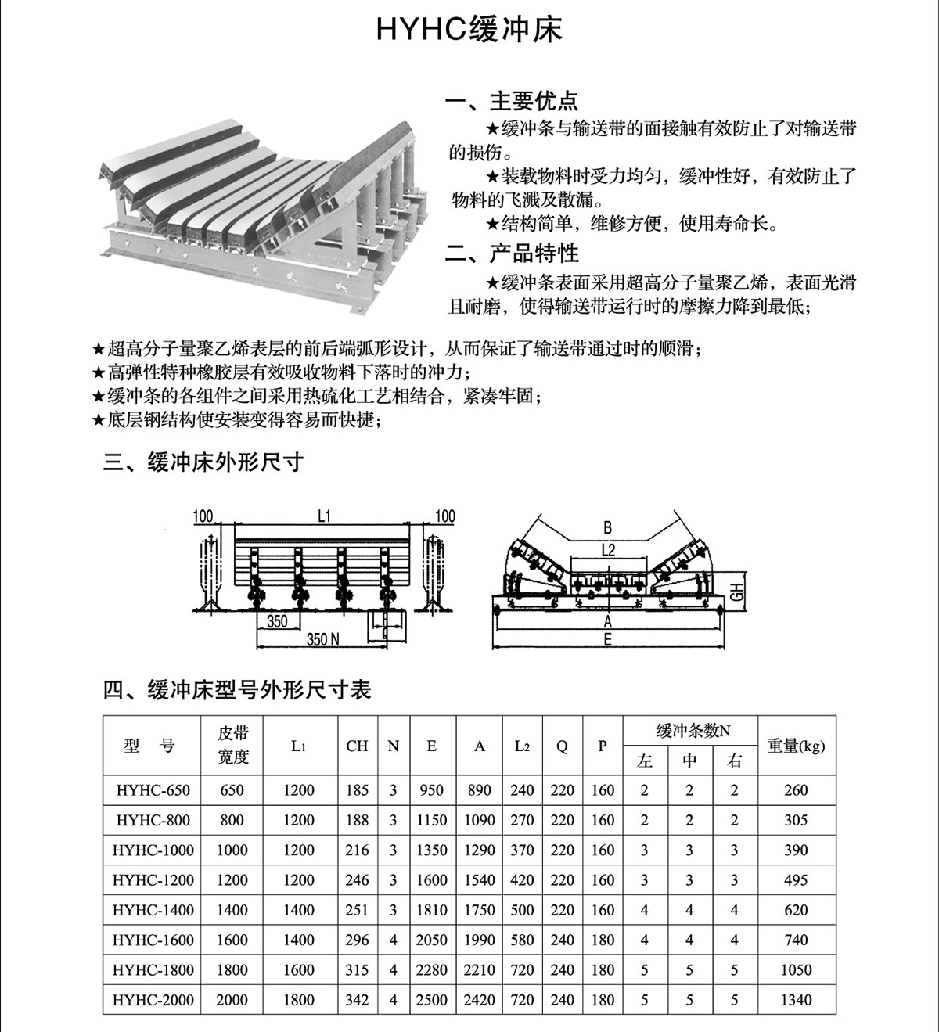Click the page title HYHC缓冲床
pyautogui.click(x=469, y=30)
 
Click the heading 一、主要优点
pyautogui.click(x=512, y=101)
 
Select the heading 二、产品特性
pyautogui.click(x=512, y=254)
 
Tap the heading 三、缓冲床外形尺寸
pyautogui.click(x=203, y=462)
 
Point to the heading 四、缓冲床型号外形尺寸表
pyautogui.click(x=237, y=690)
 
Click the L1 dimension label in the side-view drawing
pyautogui.click(x=325, y=516)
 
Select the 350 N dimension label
pyautogui.click(x=322, y=639)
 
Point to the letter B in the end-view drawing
pyautogui.click(x=608, y=527)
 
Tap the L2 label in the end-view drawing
pyautogui.click(x=608, y=550)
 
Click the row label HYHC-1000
pyautogui.click(x=153, y=850)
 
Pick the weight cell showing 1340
pyautogui.click(x=796, y=1000)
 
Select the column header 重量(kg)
pyautogui.click(x=796, y=746)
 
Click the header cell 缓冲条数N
pyautogui.click(x=689, y=731)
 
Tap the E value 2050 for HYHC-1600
pyautogui.click(x=431, y=940)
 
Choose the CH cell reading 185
pyautogui.click(x=357, y=790)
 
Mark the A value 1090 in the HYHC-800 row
pyautogui.click(x=479, y=820)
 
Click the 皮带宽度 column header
pyautogui.click(x=232, y=745)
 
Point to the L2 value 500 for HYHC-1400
pyautogui.click(x=522, y=910)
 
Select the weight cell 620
pyautogui.click(x=796, y=910)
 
